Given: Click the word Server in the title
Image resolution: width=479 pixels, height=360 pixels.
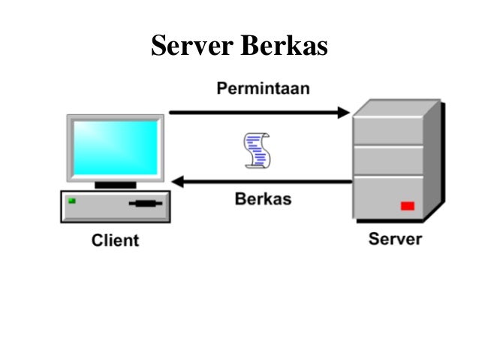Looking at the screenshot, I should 191,46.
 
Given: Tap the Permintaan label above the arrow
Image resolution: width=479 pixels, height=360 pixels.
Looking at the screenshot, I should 263,89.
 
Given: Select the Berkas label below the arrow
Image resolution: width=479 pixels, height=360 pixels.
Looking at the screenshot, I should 263,200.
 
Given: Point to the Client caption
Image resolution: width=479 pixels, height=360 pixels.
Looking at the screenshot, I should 115,241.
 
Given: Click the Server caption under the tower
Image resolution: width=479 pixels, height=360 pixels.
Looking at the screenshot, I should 395,240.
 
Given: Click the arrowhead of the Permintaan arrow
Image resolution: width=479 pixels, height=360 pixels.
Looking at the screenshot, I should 345,113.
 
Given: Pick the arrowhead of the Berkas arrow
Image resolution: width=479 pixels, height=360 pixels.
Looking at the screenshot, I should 177,181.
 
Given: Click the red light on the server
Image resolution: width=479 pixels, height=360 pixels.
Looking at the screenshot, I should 408,205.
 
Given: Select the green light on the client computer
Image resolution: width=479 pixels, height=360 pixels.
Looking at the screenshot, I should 72,201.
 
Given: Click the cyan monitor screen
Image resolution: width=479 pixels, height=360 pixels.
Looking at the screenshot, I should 115,147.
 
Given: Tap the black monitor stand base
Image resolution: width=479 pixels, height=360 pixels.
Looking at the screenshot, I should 115,184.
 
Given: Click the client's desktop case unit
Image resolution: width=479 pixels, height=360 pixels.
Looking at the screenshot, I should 115,206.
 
